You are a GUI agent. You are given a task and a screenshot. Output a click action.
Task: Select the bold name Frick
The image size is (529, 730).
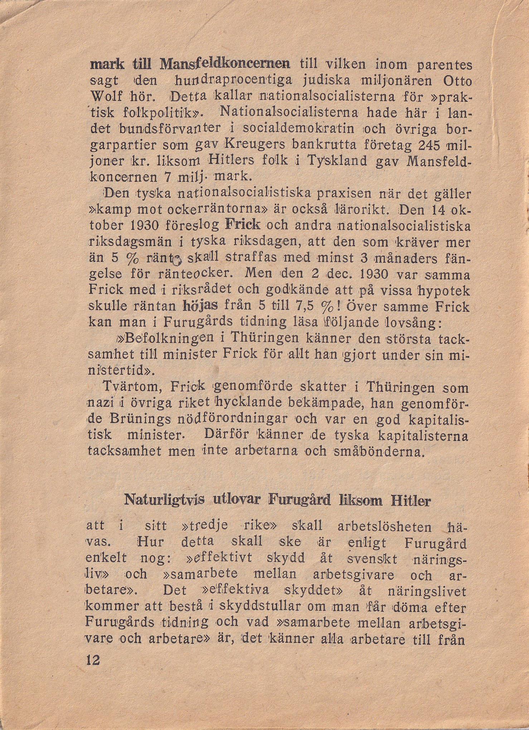(x=243, y=225)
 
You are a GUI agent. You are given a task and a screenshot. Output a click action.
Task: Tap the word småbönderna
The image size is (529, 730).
(x=379, y=451)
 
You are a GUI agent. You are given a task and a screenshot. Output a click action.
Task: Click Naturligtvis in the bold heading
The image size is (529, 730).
(x=164, y=500)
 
